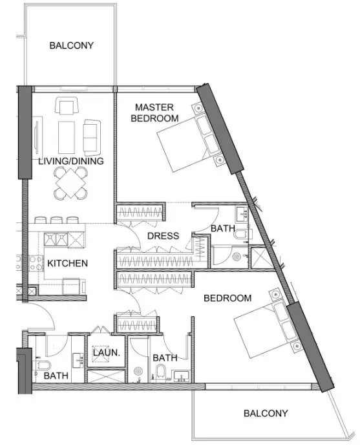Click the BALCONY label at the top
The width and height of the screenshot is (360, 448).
71,46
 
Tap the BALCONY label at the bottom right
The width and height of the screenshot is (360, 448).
265,413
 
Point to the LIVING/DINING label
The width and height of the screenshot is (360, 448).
70,161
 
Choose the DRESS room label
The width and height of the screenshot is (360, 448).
163,236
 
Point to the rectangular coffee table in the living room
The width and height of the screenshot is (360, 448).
67,135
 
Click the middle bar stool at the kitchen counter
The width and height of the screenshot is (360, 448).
56,220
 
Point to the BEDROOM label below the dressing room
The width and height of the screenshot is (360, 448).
227,298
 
